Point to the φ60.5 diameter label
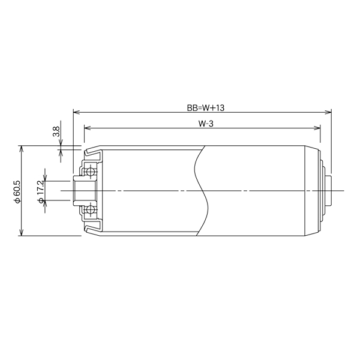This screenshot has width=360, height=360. (x=17, y=191)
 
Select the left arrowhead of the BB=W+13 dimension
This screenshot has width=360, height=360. (x=76, y=112)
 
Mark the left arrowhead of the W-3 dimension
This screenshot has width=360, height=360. (x=87, y=127)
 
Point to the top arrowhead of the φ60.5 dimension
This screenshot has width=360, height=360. (x=22, y=148)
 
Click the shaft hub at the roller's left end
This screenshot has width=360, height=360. (x=79, y=191)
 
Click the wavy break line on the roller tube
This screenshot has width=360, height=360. (x=201, y=191)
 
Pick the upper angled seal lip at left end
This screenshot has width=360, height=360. (x=92, y=152)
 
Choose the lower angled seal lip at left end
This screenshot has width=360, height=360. (x=92, y=229)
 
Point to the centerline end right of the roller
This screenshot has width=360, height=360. (x=344, y=191)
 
